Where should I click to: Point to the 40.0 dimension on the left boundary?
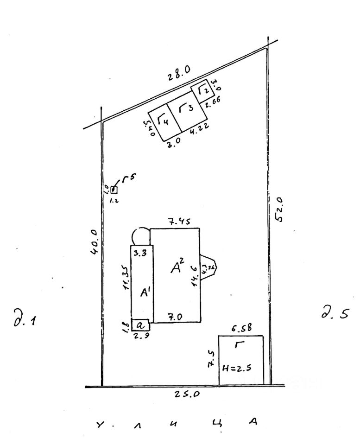tap(94, 242)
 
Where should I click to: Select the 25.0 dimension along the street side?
tap(188, 394)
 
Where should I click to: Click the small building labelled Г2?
tap(203, 90)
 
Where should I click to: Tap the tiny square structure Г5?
tap(114, 189)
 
